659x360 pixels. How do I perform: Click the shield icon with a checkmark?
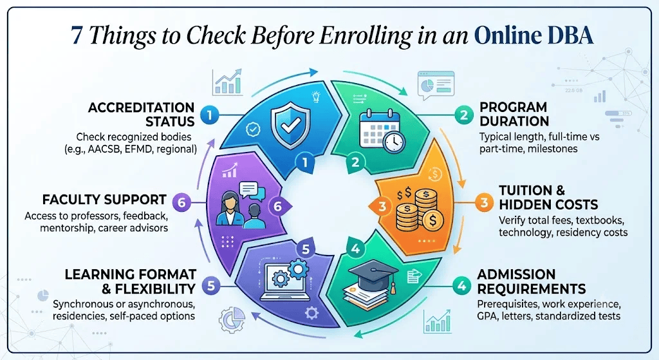click(290, 126)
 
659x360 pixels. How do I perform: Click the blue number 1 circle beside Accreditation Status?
click(209, 115)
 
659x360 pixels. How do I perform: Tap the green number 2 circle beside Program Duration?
click(463, 115)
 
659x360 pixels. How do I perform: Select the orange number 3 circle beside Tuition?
click(484, 203)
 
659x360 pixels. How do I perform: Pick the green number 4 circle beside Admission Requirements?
click(461, 287)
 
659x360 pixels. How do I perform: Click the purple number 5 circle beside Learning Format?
click(211, 286)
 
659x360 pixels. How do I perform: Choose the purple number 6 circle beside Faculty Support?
click(181, 203)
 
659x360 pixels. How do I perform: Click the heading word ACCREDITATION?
click(141, 108)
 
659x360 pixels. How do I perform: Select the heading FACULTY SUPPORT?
click(104, 200)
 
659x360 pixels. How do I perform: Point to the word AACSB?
click(105, 149)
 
